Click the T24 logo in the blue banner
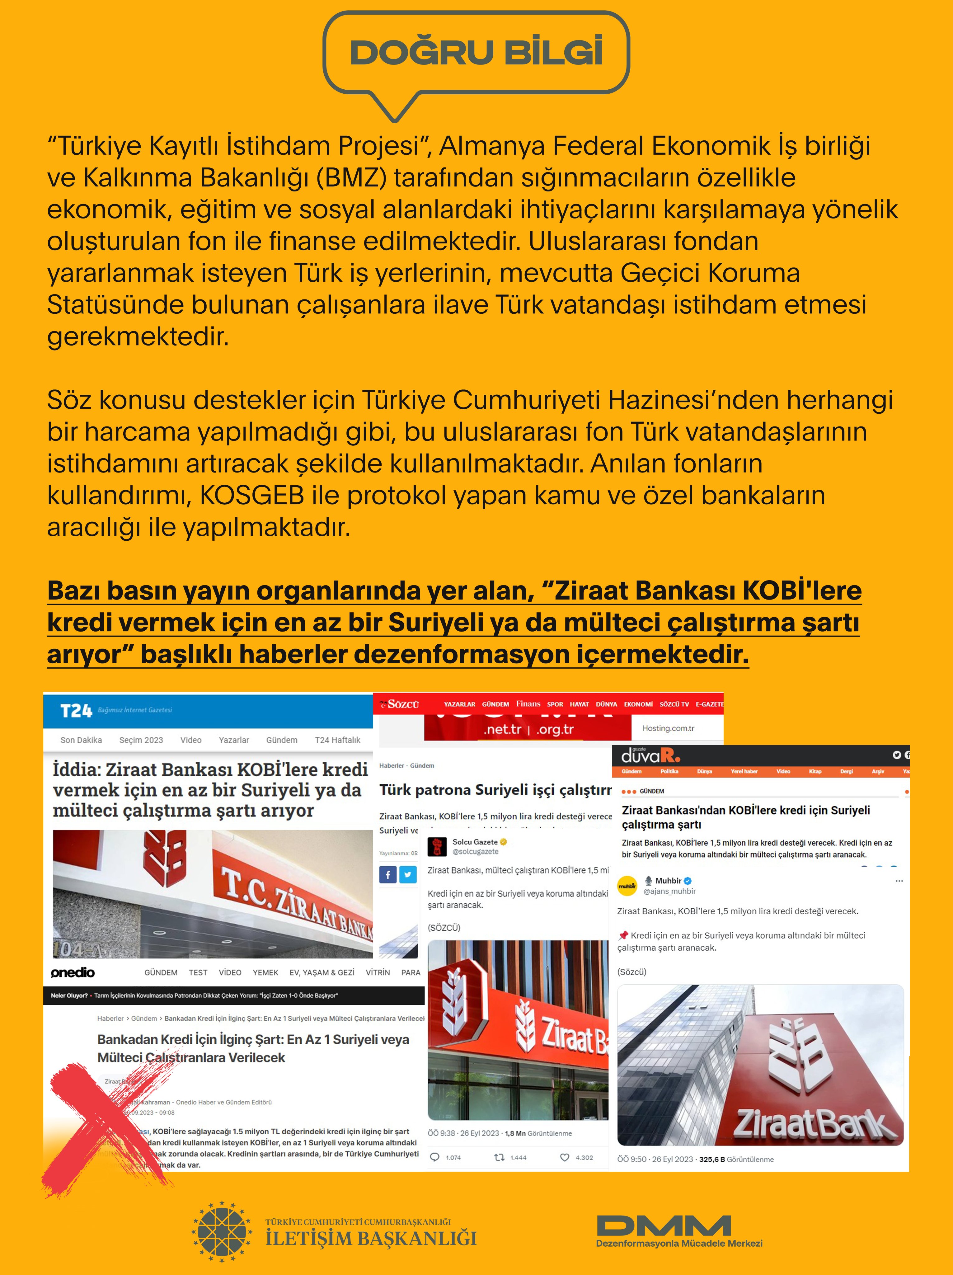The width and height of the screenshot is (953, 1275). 76,711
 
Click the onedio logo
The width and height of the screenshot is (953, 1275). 73,972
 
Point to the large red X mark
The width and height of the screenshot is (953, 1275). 106,1130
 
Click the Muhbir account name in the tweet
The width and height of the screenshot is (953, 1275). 668,880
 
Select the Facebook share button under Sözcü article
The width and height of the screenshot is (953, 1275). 388,874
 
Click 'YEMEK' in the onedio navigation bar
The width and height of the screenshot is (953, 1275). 265,972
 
